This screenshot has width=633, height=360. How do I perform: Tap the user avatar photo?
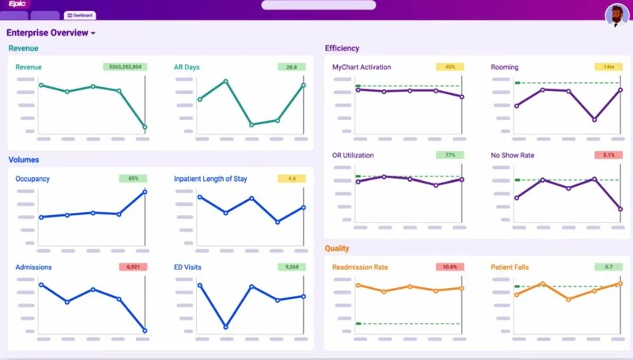616,15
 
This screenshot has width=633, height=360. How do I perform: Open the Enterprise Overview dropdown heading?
51,33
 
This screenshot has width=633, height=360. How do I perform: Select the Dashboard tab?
80,15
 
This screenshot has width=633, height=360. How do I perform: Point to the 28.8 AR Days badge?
292,67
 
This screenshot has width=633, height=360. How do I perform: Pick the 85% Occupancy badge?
133,179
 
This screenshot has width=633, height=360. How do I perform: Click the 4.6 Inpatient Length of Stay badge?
292,179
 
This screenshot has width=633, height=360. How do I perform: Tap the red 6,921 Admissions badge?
133,267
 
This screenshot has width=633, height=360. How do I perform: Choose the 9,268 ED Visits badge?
292,267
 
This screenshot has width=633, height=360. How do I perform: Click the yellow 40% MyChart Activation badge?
449,67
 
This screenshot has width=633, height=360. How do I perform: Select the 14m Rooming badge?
608,67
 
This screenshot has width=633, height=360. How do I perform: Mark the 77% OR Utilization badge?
449,155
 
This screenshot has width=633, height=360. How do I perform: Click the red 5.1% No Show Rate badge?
608,155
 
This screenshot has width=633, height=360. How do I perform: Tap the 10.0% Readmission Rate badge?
449,267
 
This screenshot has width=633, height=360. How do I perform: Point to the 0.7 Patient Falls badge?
608,267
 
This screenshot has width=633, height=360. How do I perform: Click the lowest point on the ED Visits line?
226,327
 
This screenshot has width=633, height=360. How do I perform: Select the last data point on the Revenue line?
145,127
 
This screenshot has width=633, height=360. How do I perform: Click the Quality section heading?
337,248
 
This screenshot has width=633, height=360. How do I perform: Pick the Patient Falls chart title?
512,267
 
